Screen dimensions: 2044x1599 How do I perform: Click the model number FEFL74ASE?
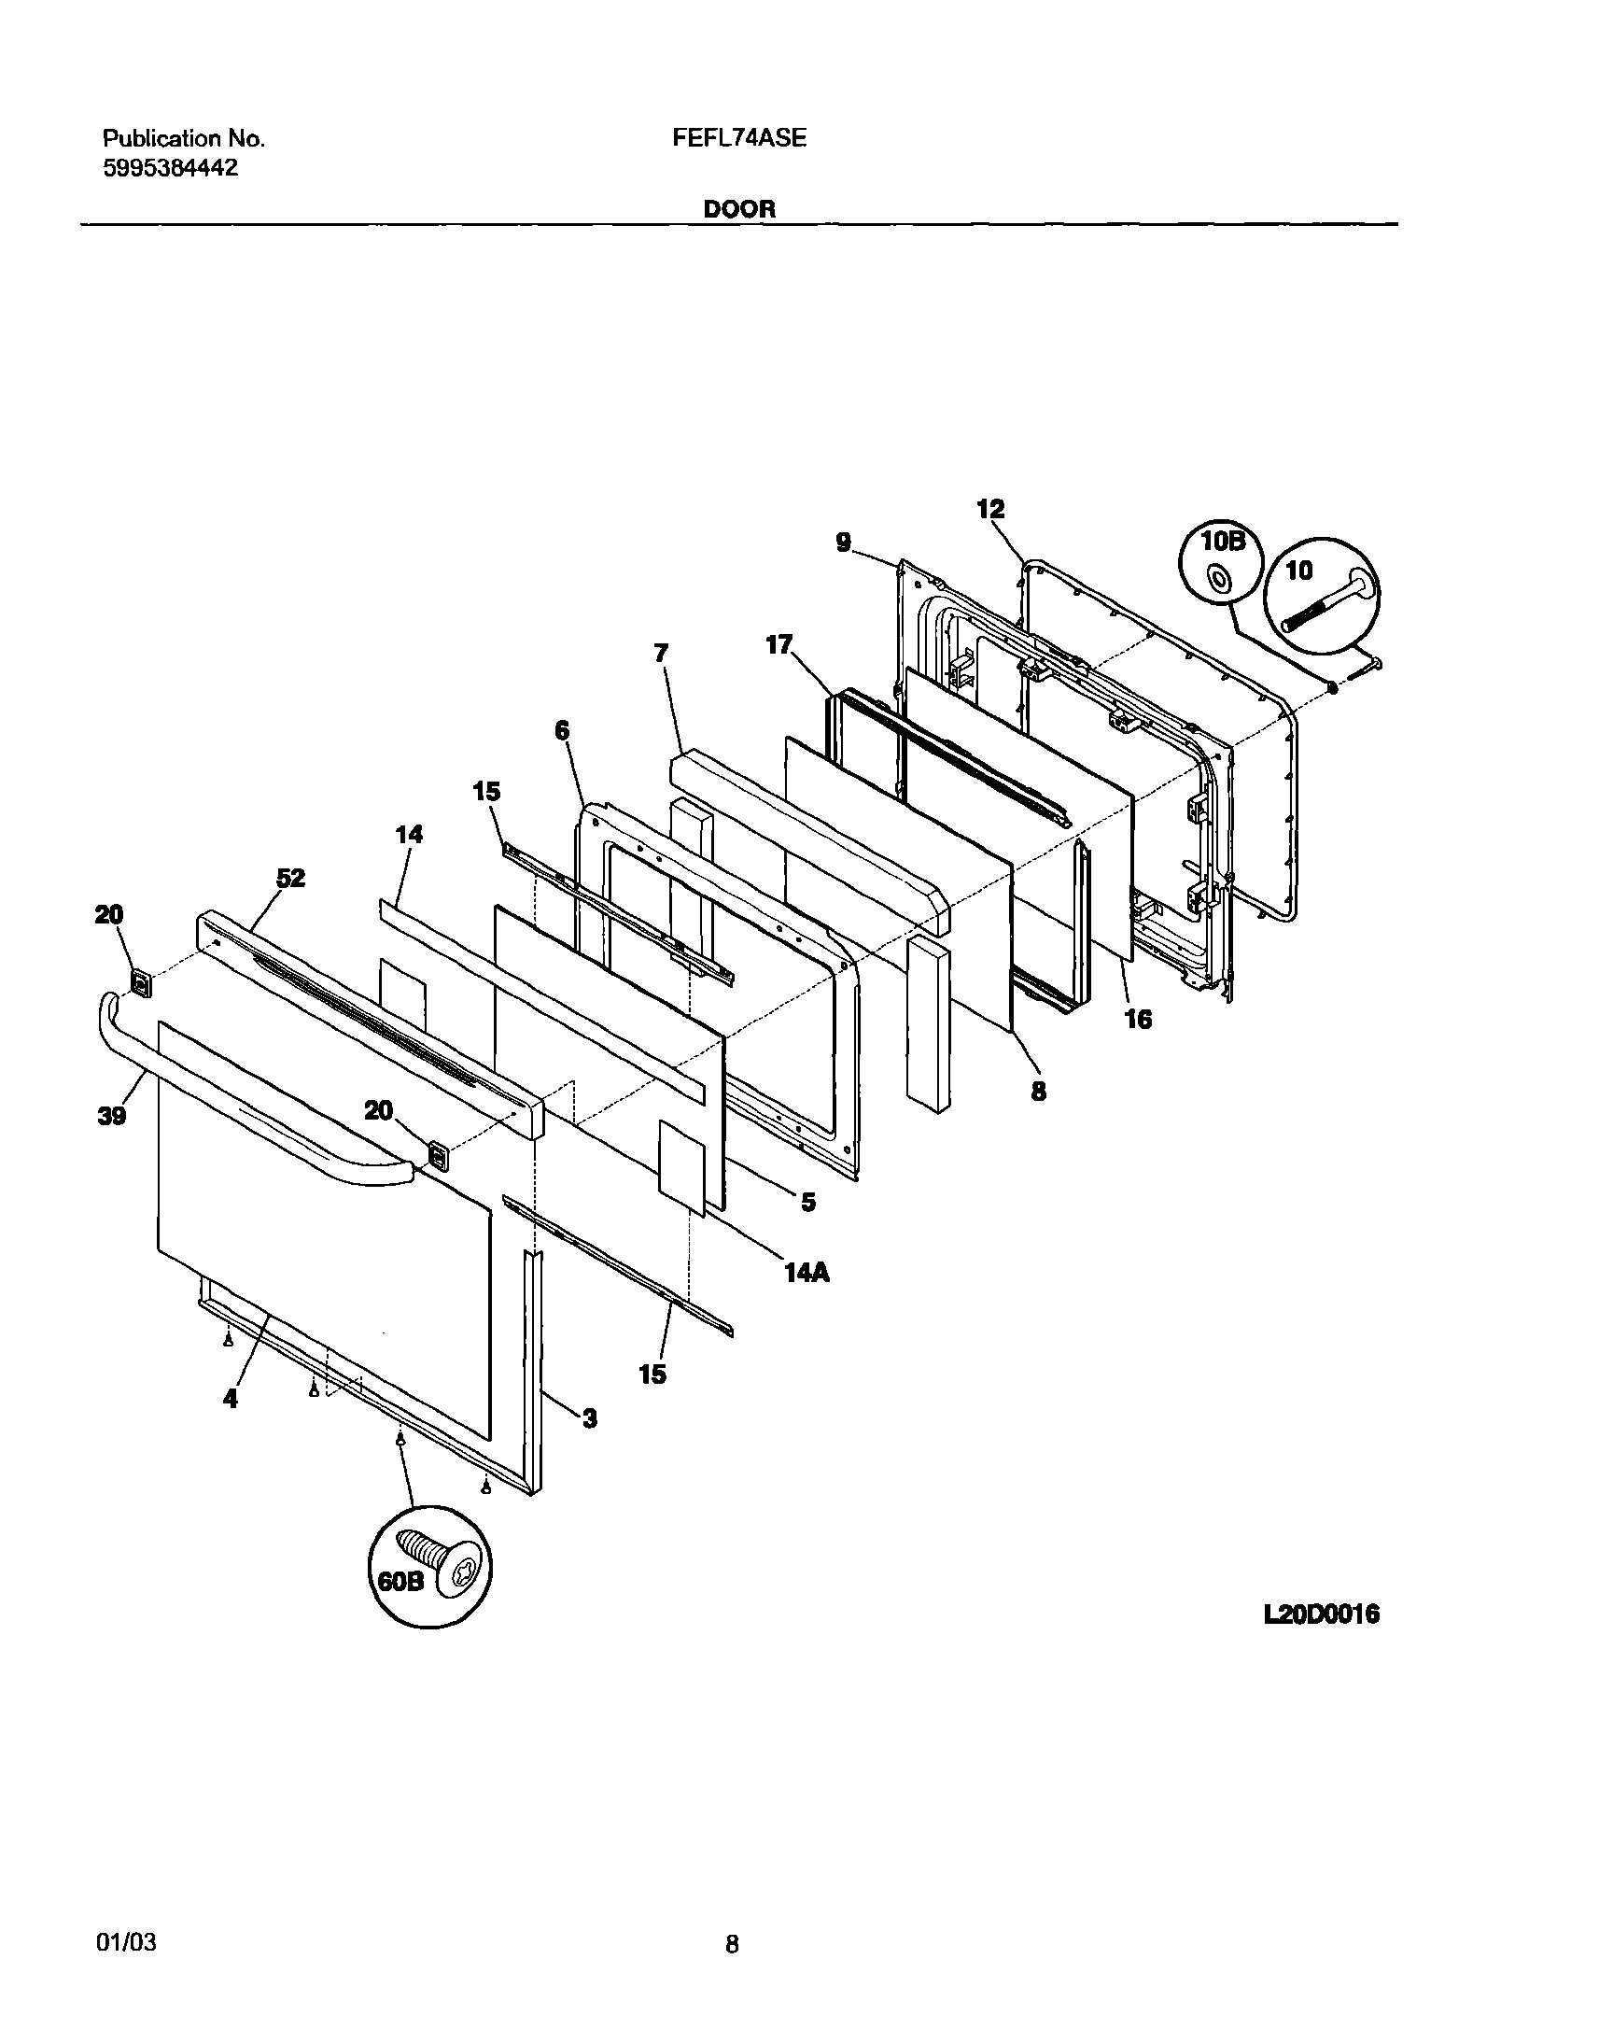coord(738,138)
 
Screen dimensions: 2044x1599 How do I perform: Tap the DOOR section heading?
coord(738,209)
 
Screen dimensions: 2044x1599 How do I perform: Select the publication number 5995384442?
coord(170,168)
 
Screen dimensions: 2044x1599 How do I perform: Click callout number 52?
coord(291,879)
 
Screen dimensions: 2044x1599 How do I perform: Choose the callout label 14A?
coord(807,1273)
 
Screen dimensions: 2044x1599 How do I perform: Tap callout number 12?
coord(990,509)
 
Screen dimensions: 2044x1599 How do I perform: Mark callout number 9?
coord(844,543)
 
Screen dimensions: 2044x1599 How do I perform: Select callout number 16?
coord(1138,1019)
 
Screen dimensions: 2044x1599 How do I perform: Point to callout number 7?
coord(661,653)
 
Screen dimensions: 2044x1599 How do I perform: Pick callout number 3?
coord(590,1418)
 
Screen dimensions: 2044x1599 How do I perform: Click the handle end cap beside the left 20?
coord(140,982)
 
